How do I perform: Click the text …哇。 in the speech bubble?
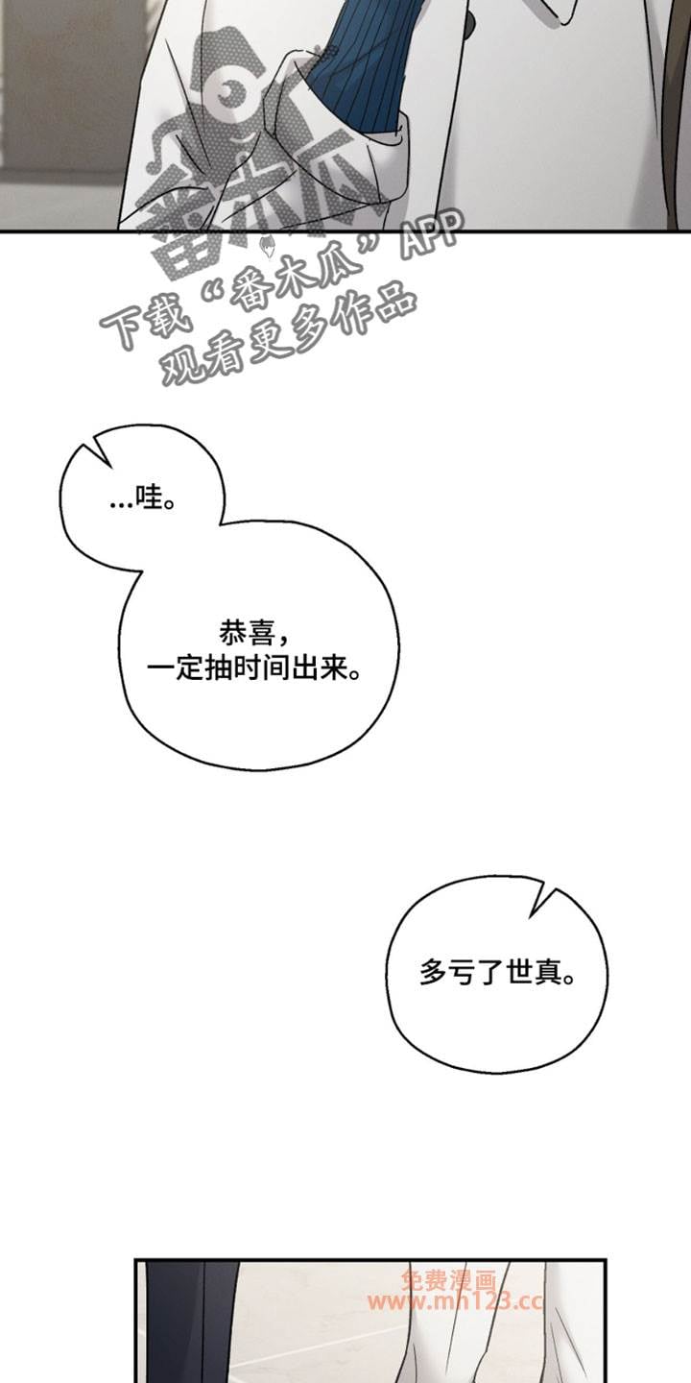(142, 500)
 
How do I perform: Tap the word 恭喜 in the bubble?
(247, 633)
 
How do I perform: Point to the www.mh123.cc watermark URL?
(455, 1302)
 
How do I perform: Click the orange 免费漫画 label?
(448, 1280)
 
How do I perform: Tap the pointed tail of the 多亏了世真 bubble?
(550, 899)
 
